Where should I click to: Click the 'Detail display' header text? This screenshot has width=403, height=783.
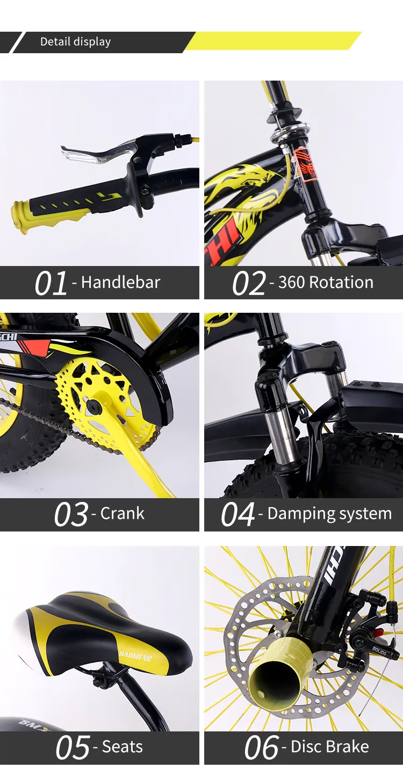(75, 42)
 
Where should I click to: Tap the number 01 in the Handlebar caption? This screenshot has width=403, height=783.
(51, 283)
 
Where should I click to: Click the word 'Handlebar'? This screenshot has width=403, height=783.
(120, 282)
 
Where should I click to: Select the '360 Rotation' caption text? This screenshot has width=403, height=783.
(325, 282)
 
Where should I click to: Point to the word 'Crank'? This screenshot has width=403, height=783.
(122, 514)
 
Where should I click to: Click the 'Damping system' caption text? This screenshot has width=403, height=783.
(329, 514)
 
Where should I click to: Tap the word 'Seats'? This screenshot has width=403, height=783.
(122, 746)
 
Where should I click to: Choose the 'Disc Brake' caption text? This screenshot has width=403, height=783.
(329, 746)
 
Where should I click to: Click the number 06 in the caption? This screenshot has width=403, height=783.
(262, 748)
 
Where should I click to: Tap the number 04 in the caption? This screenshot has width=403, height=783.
(238, 515)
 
